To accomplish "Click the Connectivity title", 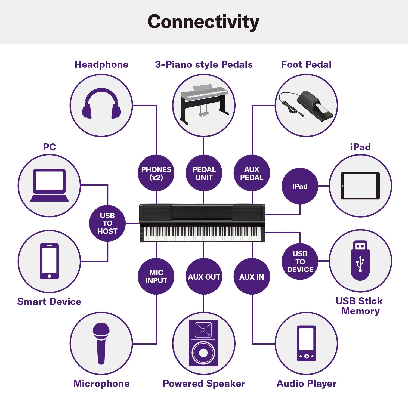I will point(203,22).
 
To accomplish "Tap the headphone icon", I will point(101,104).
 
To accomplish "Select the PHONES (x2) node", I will point(156,173).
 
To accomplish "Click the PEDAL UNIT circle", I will point(204,173).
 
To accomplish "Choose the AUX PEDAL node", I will point(252,173).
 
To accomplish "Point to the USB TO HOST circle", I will point(107,223).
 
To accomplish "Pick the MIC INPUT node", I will point(156,276).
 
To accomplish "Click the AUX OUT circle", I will point(204,276).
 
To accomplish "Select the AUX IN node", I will point(252,276).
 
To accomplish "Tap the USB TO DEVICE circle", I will point(300,261).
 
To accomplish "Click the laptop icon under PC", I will point(50,185).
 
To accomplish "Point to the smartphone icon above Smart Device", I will point(49,261).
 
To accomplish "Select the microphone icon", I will point(101,343).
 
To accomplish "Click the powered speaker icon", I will point(203,343).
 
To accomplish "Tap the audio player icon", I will point(306,343).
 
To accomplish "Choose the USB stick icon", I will point(360,261).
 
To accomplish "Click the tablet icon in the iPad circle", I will point(360,186).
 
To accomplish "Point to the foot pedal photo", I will point(307,106).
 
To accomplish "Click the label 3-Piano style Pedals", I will point(204,64).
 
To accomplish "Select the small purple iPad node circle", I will point(300,186).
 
